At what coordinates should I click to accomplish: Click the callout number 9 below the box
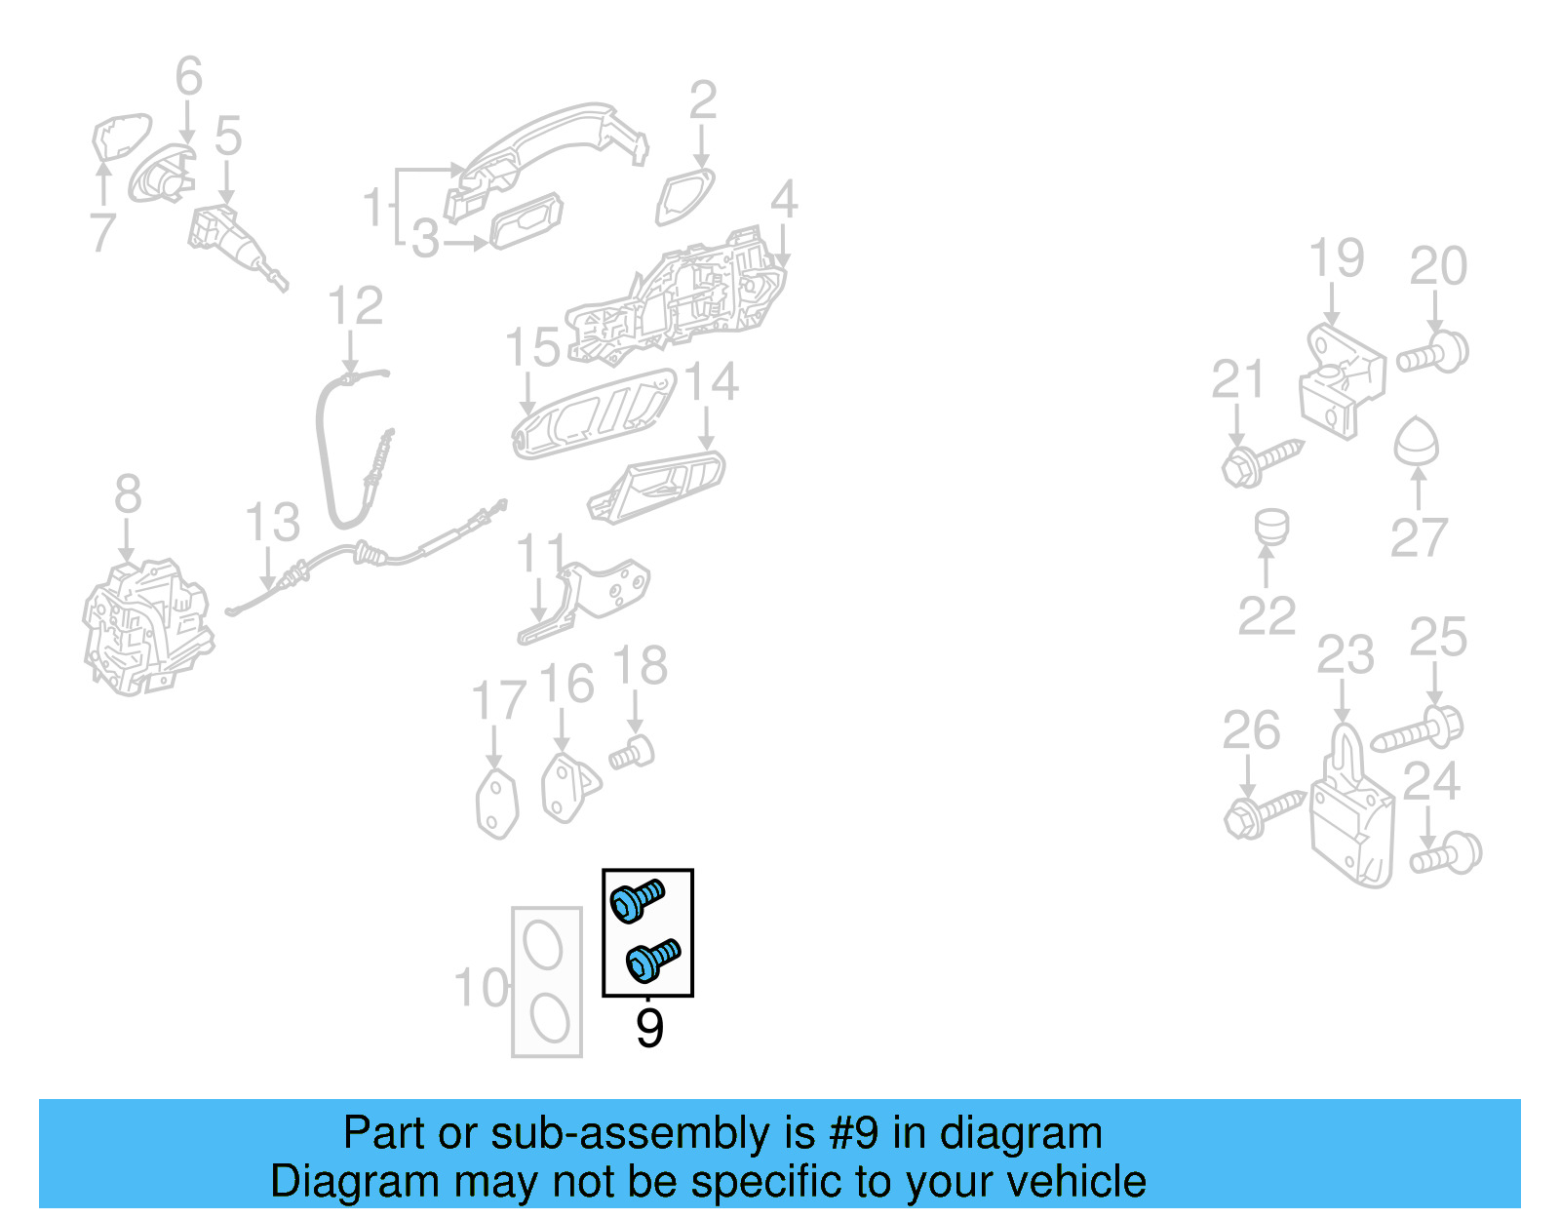tap(649, 1029)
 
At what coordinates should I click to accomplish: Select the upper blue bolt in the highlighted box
tap(637, 899)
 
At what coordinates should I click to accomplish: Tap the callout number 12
tap(355, 307)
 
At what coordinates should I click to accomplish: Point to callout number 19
tap(1336, 258)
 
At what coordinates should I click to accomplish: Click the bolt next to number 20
tap(1433, 353)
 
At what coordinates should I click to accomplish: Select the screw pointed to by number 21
tap(1261, 461)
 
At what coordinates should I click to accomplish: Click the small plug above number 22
tap(1271, 527)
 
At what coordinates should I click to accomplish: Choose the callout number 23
tap(1345, 655)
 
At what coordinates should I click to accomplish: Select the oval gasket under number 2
tap(684, 195)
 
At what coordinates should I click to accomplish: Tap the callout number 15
tap(532, 348)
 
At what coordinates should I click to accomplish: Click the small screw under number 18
tap(632, 753)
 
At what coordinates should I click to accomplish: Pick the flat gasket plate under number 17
tap(497, 804)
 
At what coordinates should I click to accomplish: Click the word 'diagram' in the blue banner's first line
tap(1021, 1133)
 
